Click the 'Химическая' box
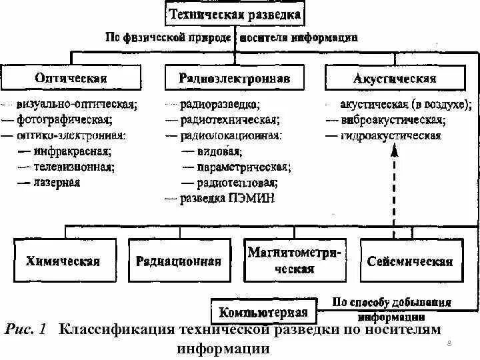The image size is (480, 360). pos(63,261)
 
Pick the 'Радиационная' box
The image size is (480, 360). pos(179,261)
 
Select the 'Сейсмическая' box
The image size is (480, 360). pos(410,261)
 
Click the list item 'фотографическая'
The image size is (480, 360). pos(65,120)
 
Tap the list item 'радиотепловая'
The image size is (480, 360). pos(237,182)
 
